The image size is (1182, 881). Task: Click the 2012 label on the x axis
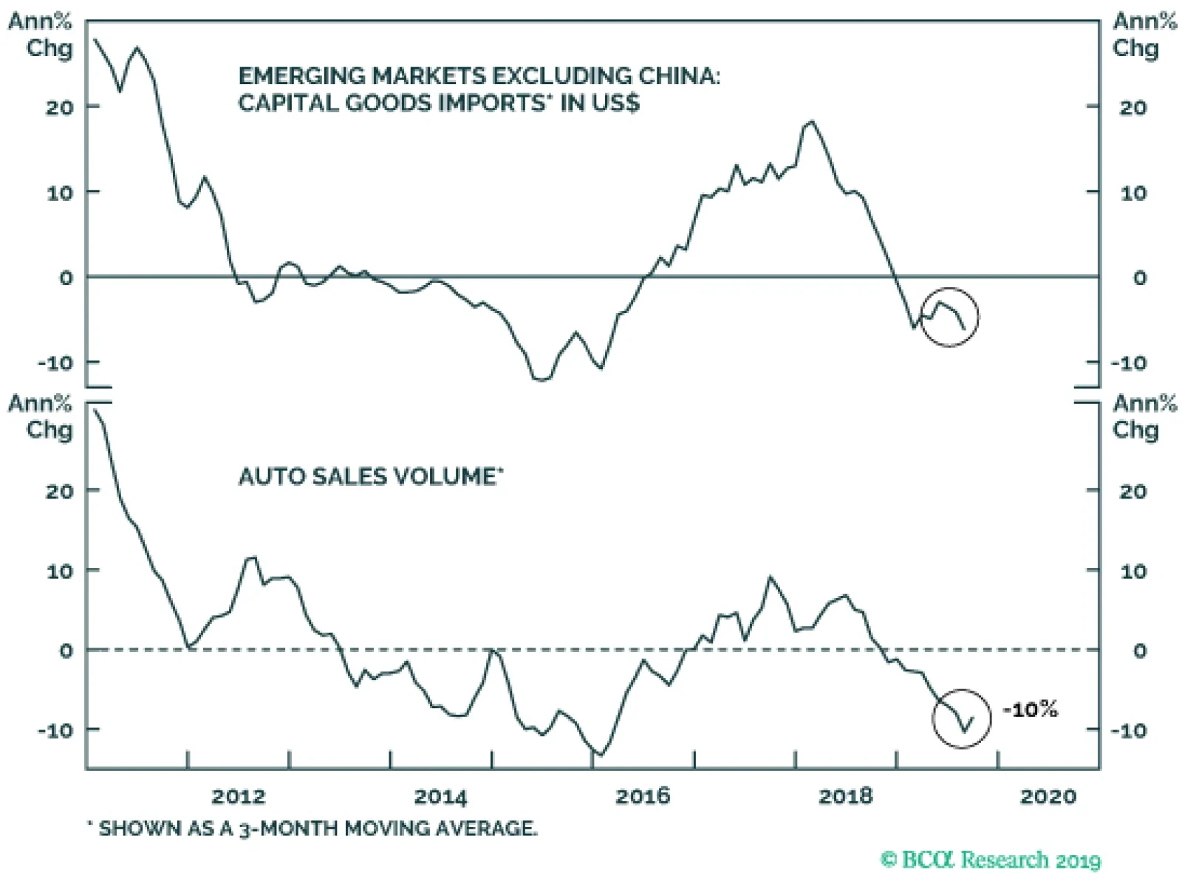coord(238,796)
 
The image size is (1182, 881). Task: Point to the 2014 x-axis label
coord(440,796)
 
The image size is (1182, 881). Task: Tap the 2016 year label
coord(643,796)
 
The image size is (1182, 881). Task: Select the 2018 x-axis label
coord(845,796)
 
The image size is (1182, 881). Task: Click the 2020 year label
coord(1048,796)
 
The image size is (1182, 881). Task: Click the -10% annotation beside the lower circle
coord(1031,710)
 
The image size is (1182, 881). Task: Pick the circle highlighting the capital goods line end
coord(950,317)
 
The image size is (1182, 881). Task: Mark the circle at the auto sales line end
coord(961,719)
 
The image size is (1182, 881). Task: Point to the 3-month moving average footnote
coord(313,829)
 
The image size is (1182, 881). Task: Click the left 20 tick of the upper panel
coord(60,107)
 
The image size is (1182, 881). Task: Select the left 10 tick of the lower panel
coord(60,571)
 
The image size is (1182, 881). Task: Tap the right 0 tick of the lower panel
coord(1140,651)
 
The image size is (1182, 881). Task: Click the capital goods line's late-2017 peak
coord(812,121)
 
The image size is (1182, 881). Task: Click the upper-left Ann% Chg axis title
coord(41,35)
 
